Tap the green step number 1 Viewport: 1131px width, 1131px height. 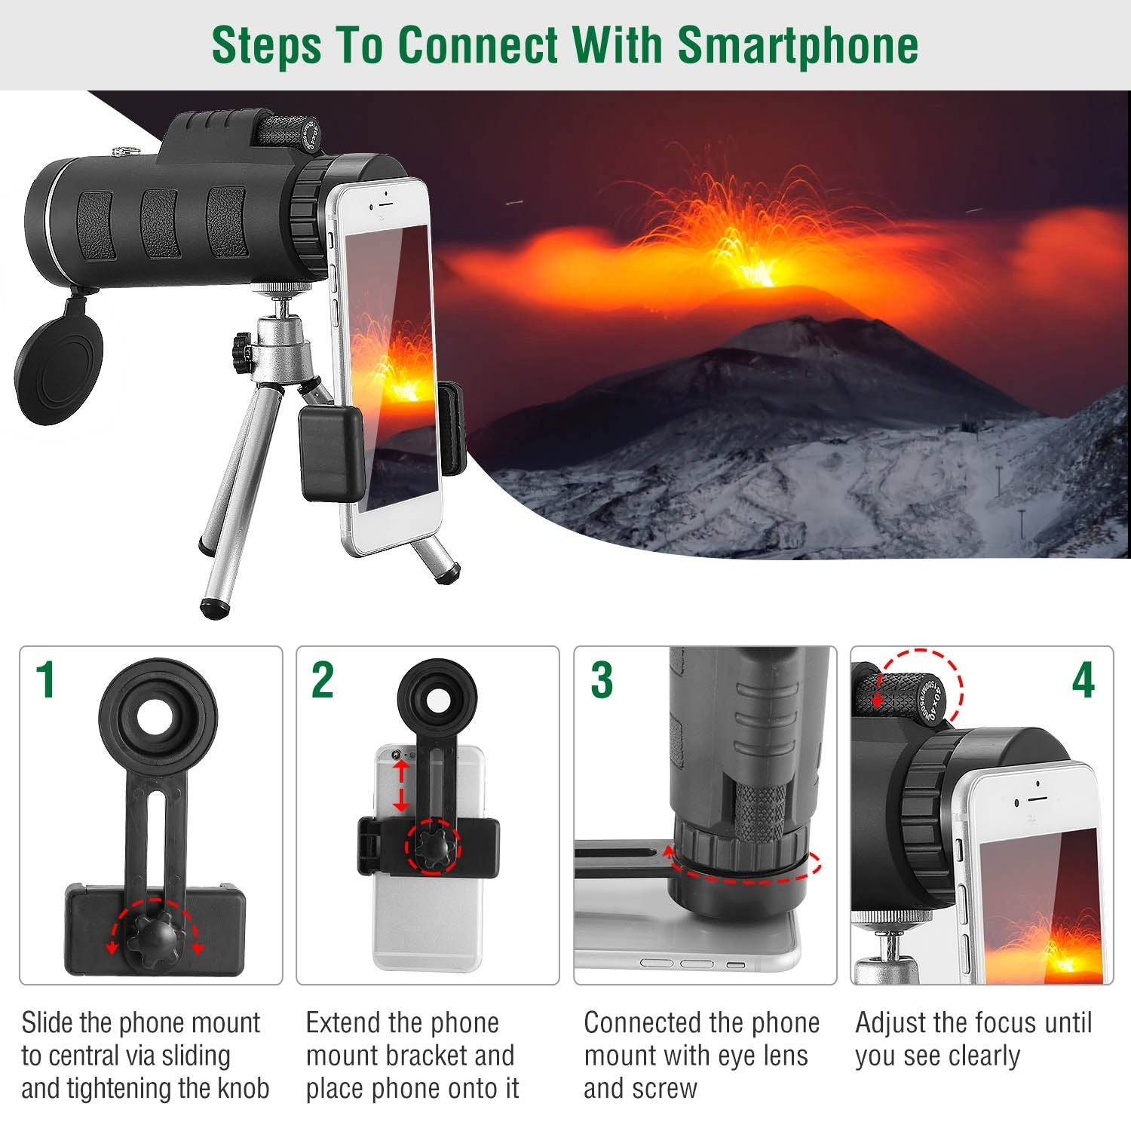coord(47,679)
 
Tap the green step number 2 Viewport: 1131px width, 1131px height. coord(323,679)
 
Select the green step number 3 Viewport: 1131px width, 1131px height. coord(601,679)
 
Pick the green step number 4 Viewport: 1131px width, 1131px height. coord(1083,680)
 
